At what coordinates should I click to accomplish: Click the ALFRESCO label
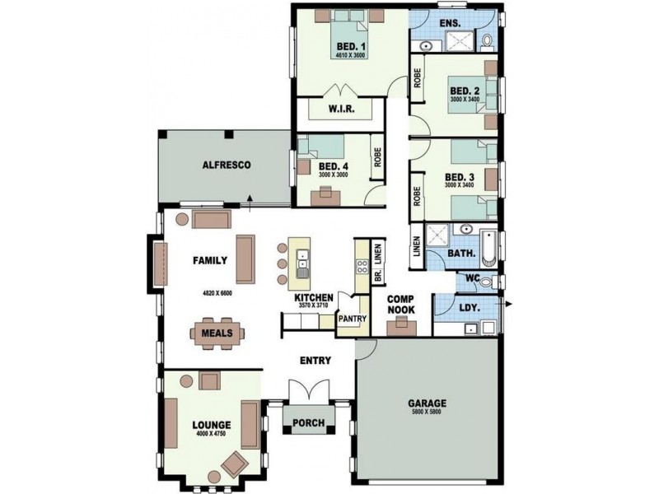point(220,165)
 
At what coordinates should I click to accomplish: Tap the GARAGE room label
point(428,403)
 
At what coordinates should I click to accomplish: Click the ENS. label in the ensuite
point(450,22)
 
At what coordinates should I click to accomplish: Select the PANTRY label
point(351,313)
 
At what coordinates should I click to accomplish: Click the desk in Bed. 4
point(326,194)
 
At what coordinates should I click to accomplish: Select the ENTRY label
point(315,360)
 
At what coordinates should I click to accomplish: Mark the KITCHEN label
point(314,296)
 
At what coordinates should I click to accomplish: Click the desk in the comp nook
point(401,324)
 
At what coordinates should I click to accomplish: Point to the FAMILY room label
point(210,260)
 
